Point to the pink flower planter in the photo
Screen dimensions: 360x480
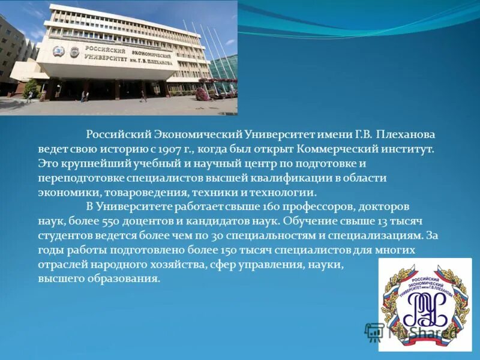202,93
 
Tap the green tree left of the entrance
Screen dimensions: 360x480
31,89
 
